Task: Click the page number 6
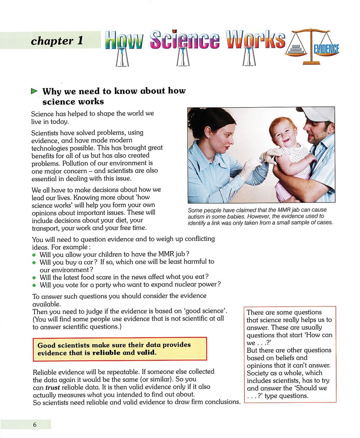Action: pos(35,425)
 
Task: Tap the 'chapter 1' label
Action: pos(57,41)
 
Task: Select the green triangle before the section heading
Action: pos(34,91)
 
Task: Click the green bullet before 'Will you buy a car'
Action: pos(34,263)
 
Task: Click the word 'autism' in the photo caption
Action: pos(197,216)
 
